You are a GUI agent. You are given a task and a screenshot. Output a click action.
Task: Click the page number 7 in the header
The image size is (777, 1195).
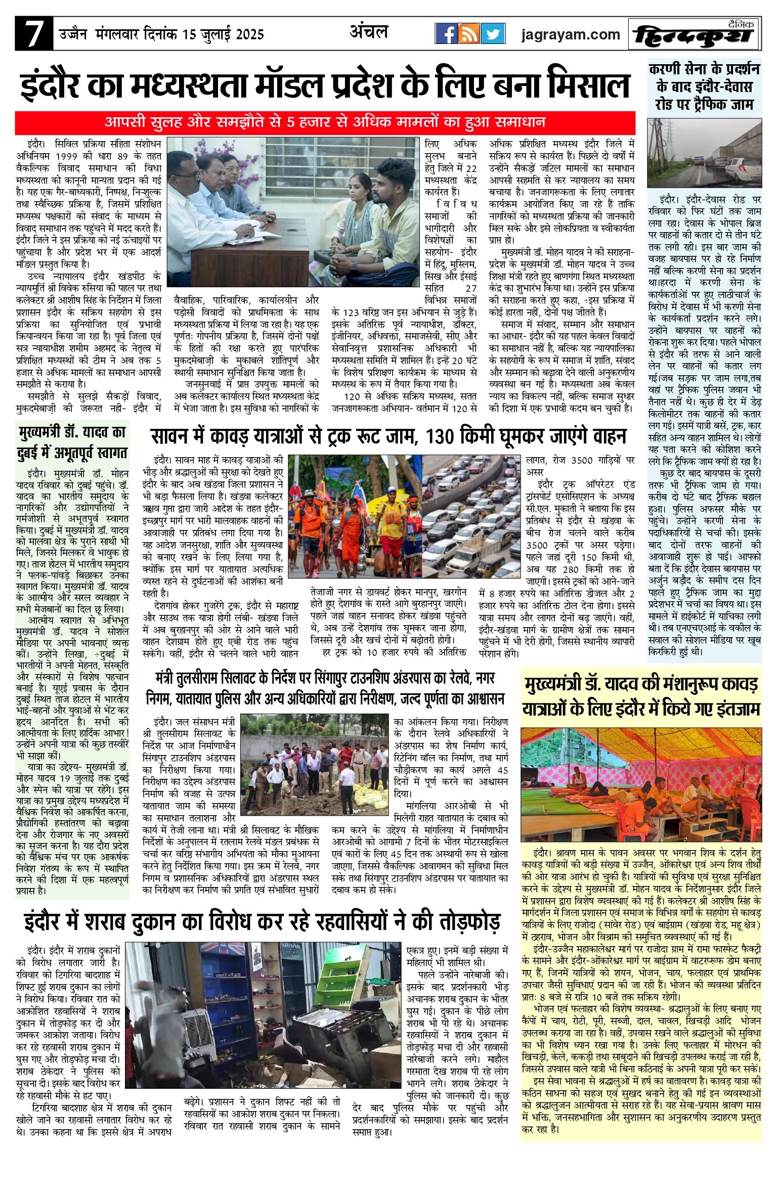33,34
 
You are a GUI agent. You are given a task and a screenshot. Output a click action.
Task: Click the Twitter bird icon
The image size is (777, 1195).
493,34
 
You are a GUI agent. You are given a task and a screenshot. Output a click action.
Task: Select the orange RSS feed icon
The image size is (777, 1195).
469,34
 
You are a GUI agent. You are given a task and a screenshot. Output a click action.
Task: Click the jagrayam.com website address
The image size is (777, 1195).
571,34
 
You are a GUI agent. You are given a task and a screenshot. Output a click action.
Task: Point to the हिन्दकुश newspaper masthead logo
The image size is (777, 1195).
694,35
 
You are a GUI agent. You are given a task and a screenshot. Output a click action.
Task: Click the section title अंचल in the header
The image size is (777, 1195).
369,32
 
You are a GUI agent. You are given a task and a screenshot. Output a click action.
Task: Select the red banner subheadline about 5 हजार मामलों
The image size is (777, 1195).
325,122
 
